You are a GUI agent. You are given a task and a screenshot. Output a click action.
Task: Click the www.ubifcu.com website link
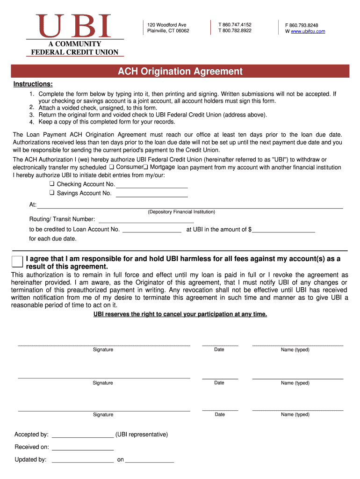click(x=308, y=31)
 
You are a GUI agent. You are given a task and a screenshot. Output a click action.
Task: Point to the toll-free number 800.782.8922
click(x=235, y=31)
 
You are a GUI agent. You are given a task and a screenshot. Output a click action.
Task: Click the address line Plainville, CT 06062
click(x=168, y=31)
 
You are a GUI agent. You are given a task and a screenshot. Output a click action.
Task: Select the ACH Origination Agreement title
click(x=180, y=72)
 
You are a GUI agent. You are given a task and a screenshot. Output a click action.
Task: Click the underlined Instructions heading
click(x=33, y=84)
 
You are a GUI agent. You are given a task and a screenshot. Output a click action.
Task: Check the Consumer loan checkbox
click(x=111, y=167)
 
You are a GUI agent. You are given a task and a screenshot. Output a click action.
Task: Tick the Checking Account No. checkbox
click(x=52, y=184)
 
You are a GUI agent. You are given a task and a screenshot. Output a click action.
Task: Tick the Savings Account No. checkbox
click(x=52, y=193)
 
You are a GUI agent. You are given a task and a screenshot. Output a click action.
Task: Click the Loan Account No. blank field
click(x=151, y=230)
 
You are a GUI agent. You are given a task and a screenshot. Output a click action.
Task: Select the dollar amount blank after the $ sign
click(x=283, y=230)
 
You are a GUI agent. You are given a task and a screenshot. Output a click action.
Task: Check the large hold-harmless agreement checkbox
click(x=17, y=262)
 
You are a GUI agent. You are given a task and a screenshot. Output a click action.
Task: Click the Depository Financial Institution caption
click(x=181, y=212)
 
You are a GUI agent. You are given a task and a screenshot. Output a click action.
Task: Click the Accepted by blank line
click(x=83, y=435)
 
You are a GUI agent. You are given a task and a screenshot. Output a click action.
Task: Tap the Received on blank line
click(x=83, y=447)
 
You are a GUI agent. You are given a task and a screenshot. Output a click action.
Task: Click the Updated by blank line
click(x=83, y=460)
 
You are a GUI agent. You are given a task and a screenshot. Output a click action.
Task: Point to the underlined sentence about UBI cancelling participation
click(x=180, y=314)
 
